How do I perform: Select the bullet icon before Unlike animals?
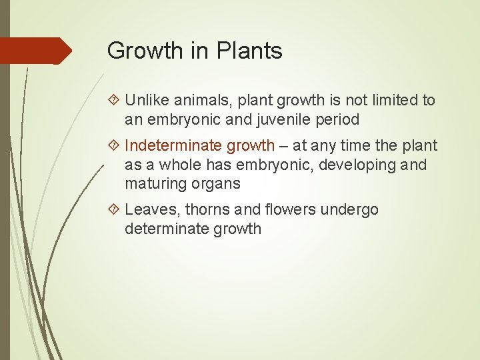pos(113,101)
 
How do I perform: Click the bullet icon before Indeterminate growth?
pos(113,146)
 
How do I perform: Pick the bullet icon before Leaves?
pos(113,210)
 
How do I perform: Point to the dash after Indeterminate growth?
pos(284,146)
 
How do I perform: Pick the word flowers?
pos(290,210)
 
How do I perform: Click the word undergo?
pos(349,210)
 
